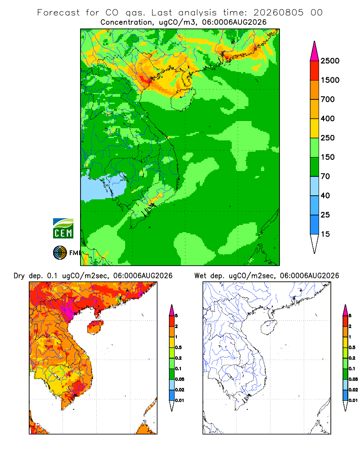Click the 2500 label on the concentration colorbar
pyautogui.click(x=330, y=61)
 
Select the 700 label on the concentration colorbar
pyautogui.click(x=328, y=99)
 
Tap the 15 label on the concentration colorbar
pyautogui.click(x=325, y=234)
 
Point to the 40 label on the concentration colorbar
pyautogui.click(x=325, y=196)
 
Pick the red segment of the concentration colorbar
pyautogui.click(x=315, y=71)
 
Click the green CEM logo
pyautogui.click(x=63, y=229)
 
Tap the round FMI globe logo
pyautogui.click(x=60, y=253)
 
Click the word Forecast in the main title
pyautogui.click(x=58, y=13)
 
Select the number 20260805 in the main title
pyautogui.click(x=278, y=13)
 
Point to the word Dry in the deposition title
pyautogui.click(x=19, y=276)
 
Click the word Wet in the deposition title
pyautogui.click(x=200, y=276)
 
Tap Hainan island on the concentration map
pyautogui.click(x=183, y=99)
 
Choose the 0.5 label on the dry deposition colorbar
pyautogui.click(x=178, y=347)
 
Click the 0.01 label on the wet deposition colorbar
pyautogui.click(x=353, y=400)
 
